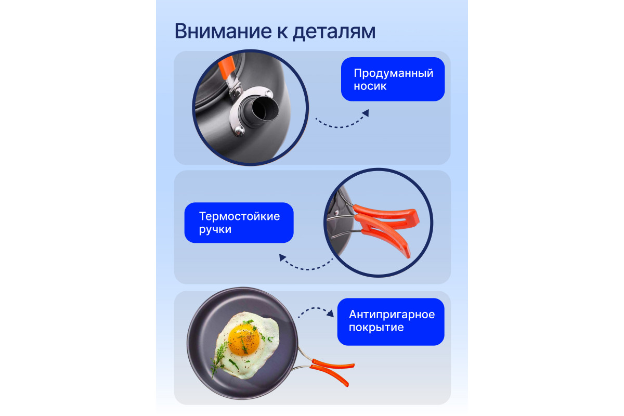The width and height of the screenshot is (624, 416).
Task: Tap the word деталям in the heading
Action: click(x=333, y=31)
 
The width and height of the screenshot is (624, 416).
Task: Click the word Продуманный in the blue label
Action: click(x=393, y=73)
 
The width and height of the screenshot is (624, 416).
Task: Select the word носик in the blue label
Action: click(x=370, y=86)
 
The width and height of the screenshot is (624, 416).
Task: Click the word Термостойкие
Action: click(x=239, y=216)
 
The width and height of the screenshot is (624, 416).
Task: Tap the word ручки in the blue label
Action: click(x=215, y=229)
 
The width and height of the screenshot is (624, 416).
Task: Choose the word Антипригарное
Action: click(x=392, y=315)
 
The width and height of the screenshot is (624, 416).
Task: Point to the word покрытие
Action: click(x=376, y=328)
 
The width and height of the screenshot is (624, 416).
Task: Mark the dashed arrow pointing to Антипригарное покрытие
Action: click(x=316, y=312)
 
